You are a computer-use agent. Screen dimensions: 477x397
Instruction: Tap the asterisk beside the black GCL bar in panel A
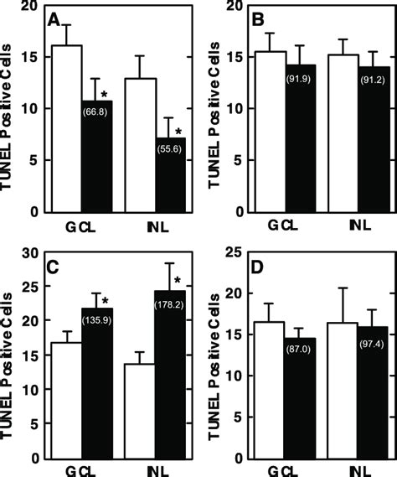pos(105,95)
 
